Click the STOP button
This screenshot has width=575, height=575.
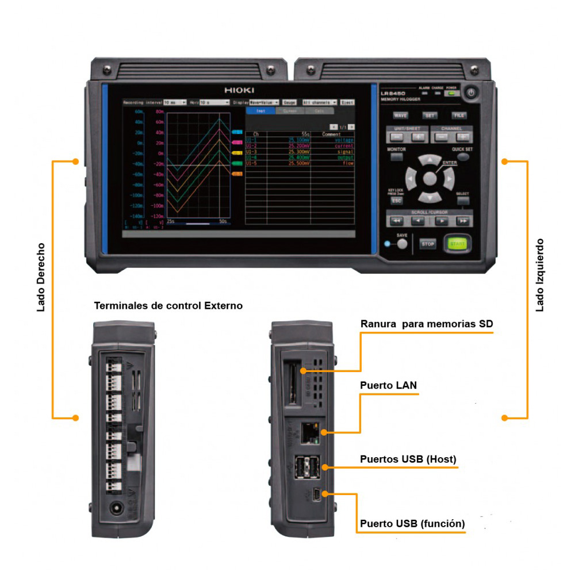click(x=428, y=244)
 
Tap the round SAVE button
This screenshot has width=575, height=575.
click(x=402, y=244)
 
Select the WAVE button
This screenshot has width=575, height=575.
click(x=400, y=116)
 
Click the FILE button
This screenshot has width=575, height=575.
click(x=458, y=116)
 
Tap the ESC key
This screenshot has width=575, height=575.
click(x=396, y=201)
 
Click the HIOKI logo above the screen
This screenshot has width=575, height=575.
click(x=239, y=91)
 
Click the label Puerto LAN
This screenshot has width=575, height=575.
click(x=388, y=385)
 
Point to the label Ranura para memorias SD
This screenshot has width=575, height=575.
click(x=426, y=324)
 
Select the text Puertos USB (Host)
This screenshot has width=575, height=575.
click(x=408, y=459)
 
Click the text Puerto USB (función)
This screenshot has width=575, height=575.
click(x=412, y=523)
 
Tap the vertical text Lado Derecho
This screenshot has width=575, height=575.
click(x=41, y=277)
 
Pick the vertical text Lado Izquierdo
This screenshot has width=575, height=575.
click(x=539, y=276)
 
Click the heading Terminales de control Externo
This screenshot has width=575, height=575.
click(x=168, y=306)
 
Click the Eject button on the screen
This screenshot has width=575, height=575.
click(x=347, y=102)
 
